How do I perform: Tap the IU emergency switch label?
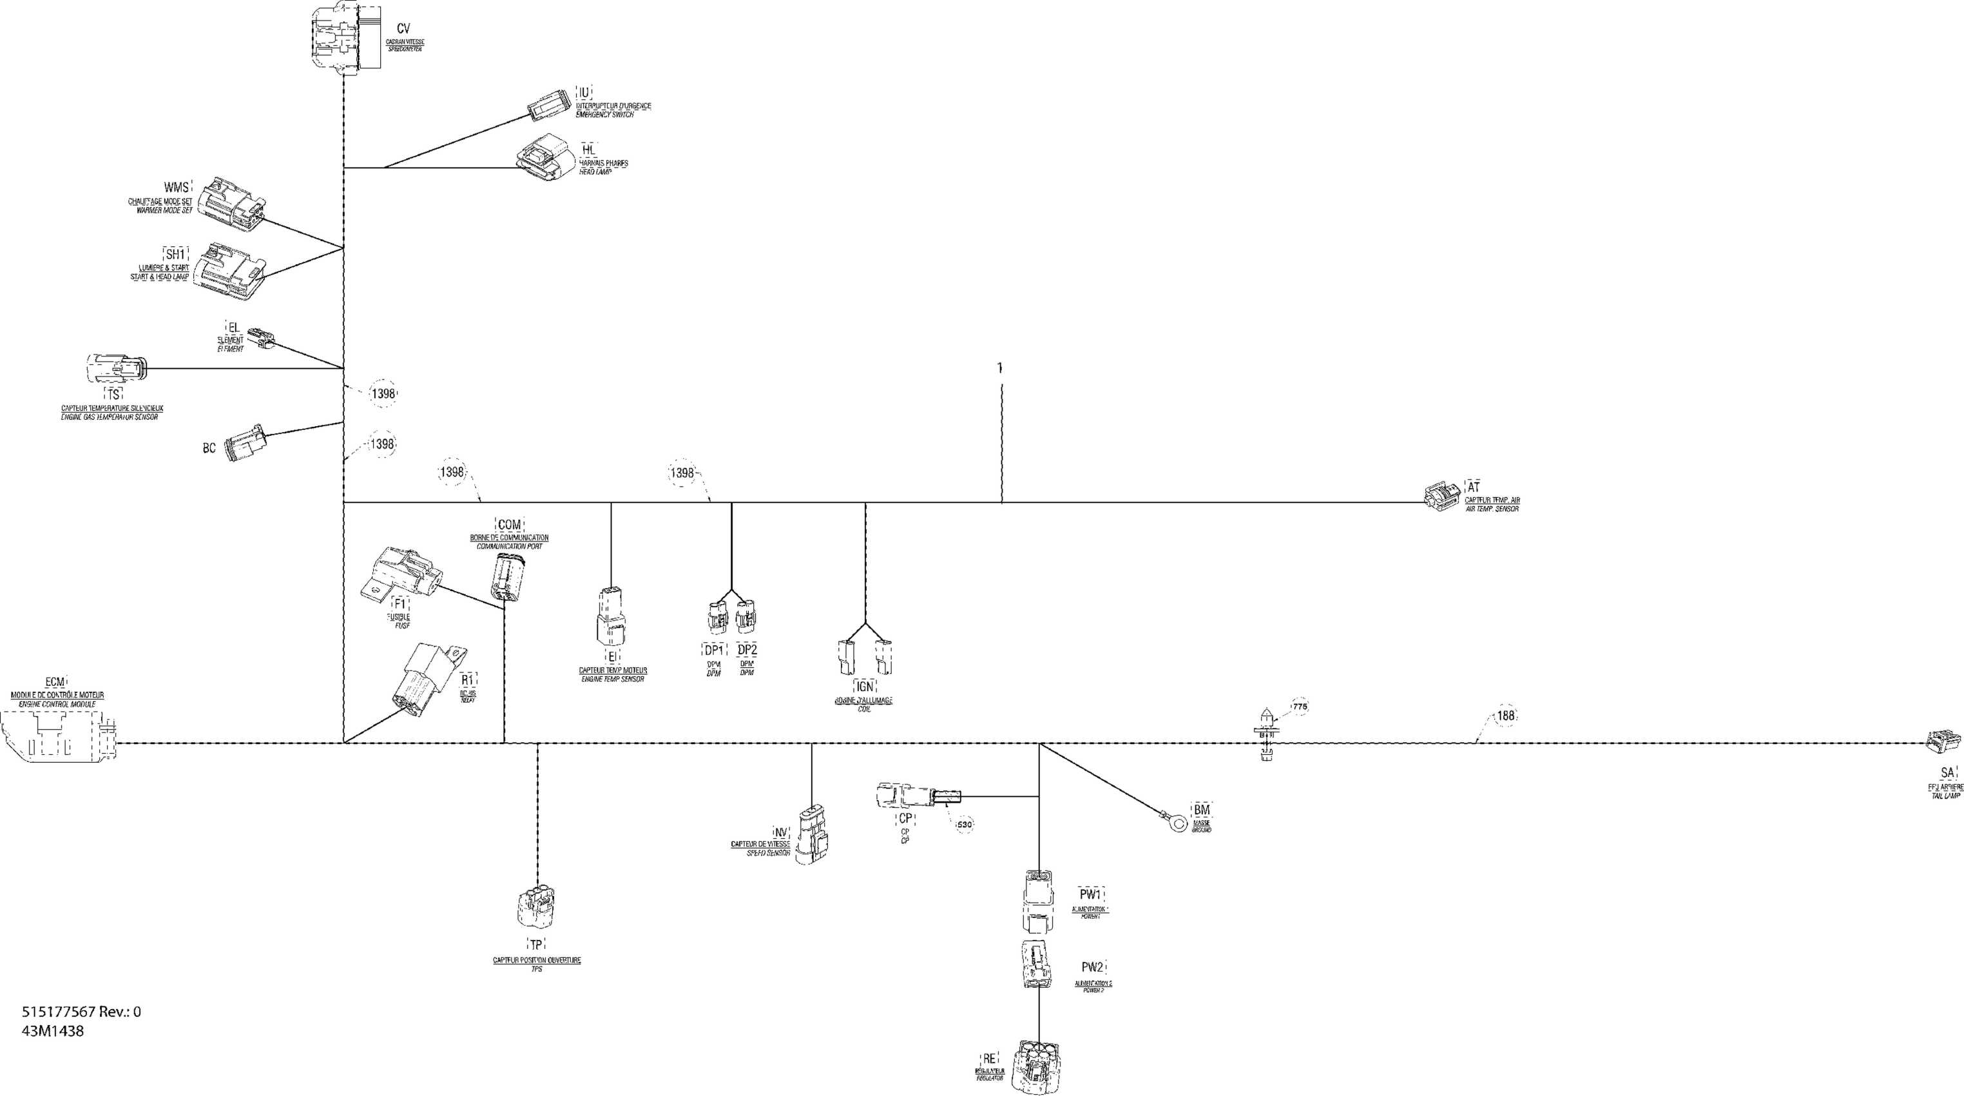(x=584, y=93)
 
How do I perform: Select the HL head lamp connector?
(x=544, y=158)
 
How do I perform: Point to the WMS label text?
(x=175, y=188)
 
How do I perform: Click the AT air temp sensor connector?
(x=1441, y=496)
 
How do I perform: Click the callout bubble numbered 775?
(x=1300, y=707)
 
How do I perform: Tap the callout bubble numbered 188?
(x=1506, y=716)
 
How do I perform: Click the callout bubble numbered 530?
(x=965, y=825)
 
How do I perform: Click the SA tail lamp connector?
(x=1943, y=745)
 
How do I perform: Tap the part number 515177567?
(x=58, y=1012)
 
